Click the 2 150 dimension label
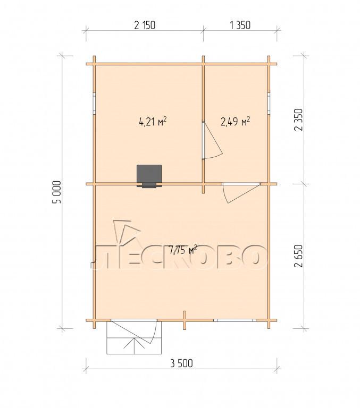pyautogui.click(x=145, y=25)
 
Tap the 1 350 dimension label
pyautogui.click(x=240, y=25)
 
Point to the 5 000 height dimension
pyautogui.click(x=57, y=192)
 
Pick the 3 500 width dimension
pyautogui.click(x=181, y=363)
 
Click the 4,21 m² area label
pyautogui.click(x=153, y=122)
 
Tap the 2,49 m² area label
pyautogui.click(x=236, y=121)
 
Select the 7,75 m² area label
pyautogui.click(x=182, y=250)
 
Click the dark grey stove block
pyautogui.click(x=149, y=176)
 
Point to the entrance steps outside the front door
pyautogui.click(x=134, y=338)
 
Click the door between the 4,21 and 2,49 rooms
pyautogui.click(x=212, y=140)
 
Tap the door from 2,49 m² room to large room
pyautogui.click(x=241, y=193)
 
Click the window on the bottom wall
pyautogui.click(x=235, y=320)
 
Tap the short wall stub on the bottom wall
pyautogui.click(x=185, y=320)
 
